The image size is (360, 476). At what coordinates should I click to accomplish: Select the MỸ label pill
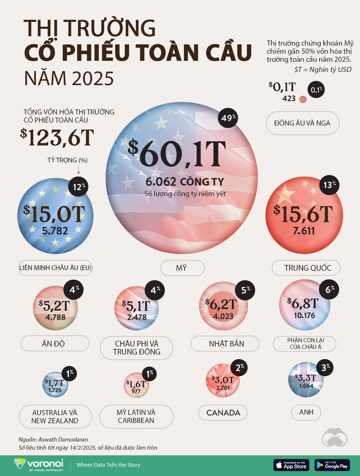pos(182,268)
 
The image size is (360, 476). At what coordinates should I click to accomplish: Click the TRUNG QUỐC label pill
pos(306,268)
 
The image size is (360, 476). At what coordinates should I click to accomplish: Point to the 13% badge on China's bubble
pos(329,185)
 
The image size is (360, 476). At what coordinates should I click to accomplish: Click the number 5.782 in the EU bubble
pos(55,231)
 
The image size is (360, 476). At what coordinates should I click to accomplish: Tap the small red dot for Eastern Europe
pos(303,100)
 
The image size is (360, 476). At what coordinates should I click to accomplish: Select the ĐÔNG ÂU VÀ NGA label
pos(302,123)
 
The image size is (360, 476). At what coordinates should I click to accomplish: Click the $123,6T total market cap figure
pos(57,138)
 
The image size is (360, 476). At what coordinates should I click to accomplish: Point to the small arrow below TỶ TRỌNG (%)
pos(79,170)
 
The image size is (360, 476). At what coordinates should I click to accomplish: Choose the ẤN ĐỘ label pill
pos(55,344)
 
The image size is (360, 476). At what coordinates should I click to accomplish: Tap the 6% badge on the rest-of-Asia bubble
pos(329,289)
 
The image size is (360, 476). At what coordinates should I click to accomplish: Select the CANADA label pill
pos(223,413)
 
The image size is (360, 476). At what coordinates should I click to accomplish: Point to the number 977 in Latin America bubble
pos(136,391)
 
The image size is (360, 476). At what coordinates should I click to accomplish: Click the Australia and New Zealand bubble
pos(55,385)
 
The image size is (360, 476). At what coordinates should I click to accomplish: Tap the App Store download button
pos(291,465)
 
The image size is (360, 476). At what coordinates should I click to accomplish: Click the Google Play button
pos(332,465)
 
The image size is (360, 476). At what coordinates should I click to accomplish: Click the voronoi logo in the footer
pos(39,465)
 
